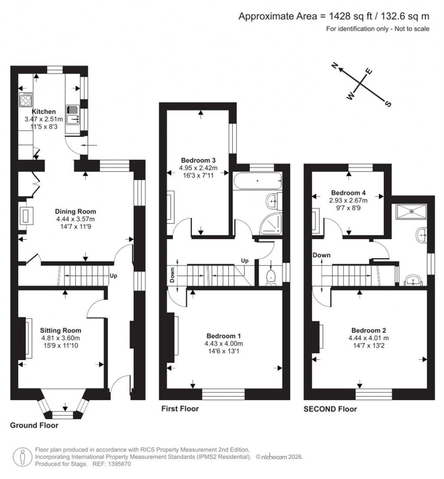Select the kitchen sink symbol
pos(72,113)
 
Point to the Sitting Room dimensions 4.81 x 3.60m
pos(61,338)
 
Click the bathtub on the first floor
pos(257,180)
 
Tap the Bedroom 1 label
pos(224,336)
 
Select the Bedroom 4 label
pos(346,193)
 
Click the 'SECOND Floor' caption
pos(330,409)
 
